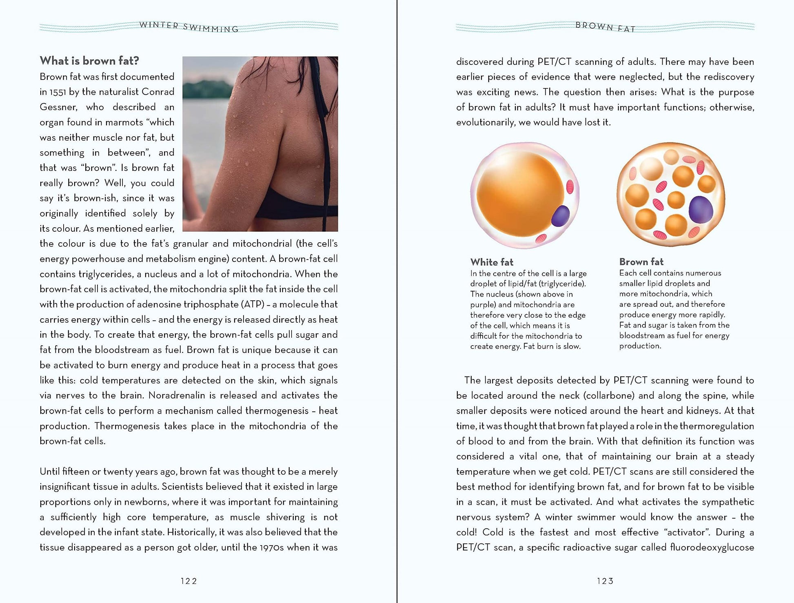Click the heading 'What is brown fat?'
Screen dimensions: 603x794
(x=89, y=61)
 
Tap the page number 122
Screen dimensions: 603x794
(x=189, y=581)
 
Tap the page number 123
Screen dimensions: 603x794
(x=605, y=581)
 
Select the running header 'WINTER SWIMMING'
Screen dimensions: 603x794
(x=189, y=27)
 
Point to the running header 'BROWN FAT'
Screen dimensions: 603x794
(x=605, y=27)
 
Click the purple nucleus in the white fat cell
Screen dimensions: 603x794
(x=560, y=216)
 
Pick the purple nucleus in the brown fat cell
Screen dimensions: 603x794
(x=701, y=209)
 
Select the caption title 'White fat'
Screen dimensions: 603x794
(x=492, y=262)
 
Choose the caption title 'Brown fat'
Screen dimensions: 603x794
(x=641, y=262)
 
